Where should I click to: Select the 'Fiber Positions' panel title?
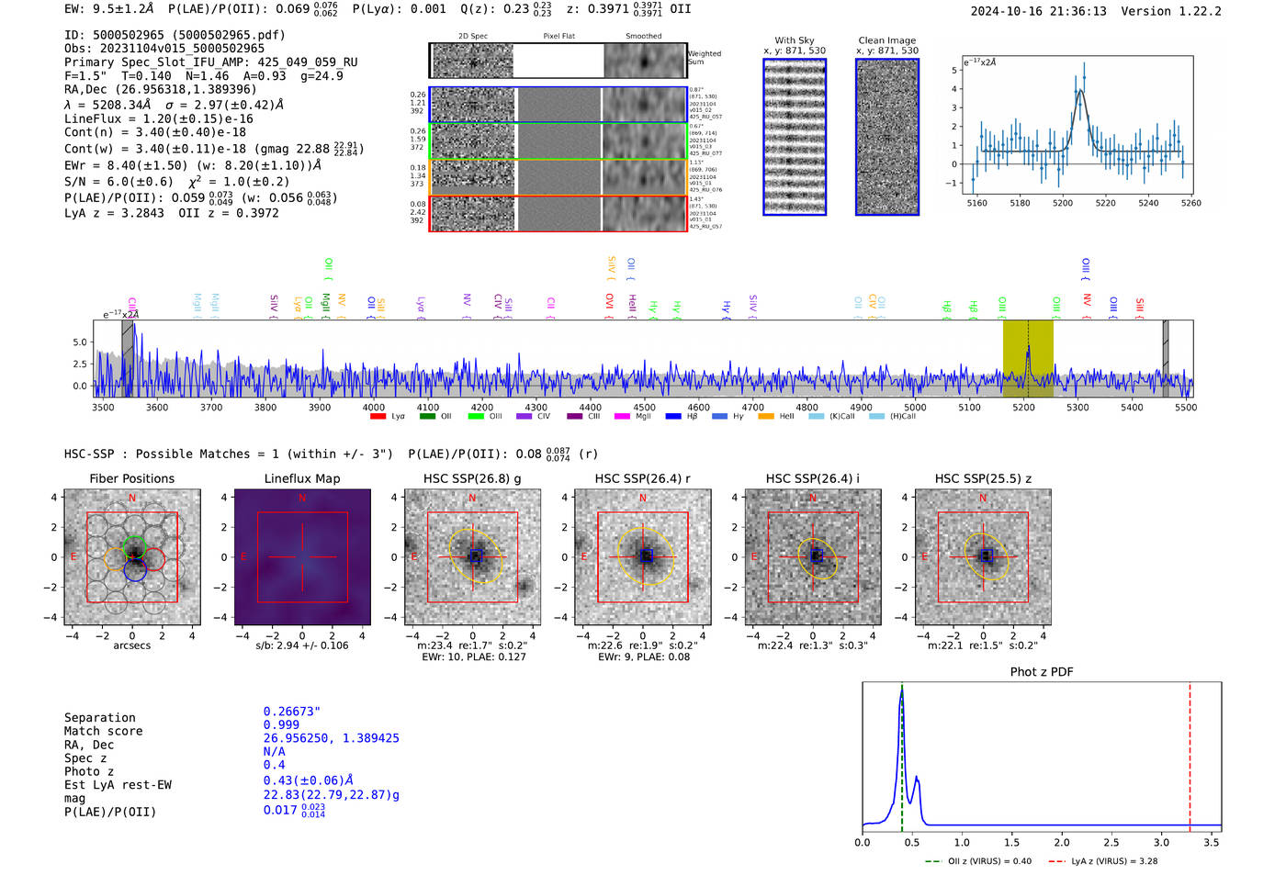131,478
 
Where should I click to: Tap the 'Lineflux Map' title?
302,478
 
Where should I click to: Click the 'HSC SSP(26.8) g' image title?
472,478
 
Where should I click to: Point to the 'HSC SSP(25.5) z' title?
983,478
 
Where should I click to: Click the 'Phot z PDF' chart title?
1042,672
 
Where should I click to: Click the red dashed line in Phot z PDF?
1190,753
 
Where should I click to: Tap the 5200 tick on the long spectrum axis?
1023,408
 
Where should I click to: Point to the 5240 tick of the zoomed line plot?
1148,203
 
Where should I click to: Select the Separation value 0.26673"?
291,712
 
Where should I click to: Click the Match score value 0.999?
281,725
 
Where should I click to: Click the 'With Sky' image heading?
795,40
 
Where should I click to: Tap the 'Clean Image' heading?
886,40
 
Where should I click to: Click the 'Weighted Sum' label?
705,58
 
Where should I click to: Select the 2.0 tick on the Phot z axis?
1062,842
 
